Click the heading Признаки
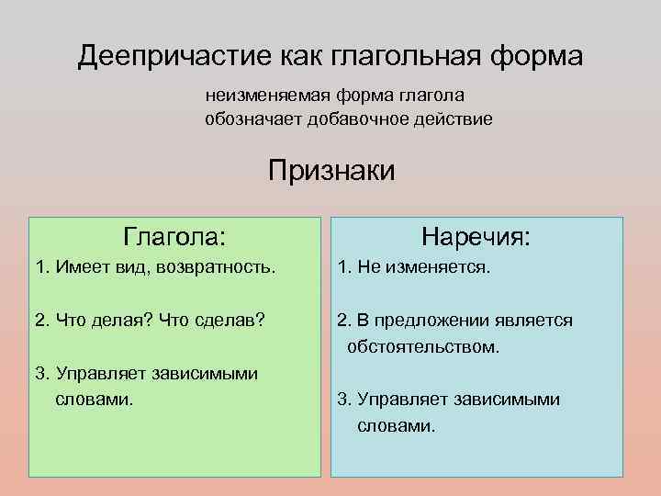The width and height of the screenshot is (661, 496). click(331, 170)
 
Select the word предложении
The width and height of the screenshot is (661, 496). click(417, 320)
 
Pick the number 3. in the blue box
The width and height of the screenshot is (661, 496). click(344, 399)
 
